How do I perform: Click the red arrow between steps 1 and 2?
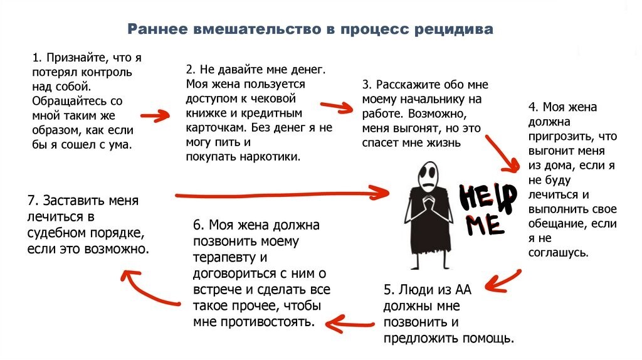coord(155,115)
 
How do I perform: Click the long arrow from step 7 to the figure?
coord(282,193)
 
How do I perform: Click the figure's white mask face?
coord(431,171)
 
